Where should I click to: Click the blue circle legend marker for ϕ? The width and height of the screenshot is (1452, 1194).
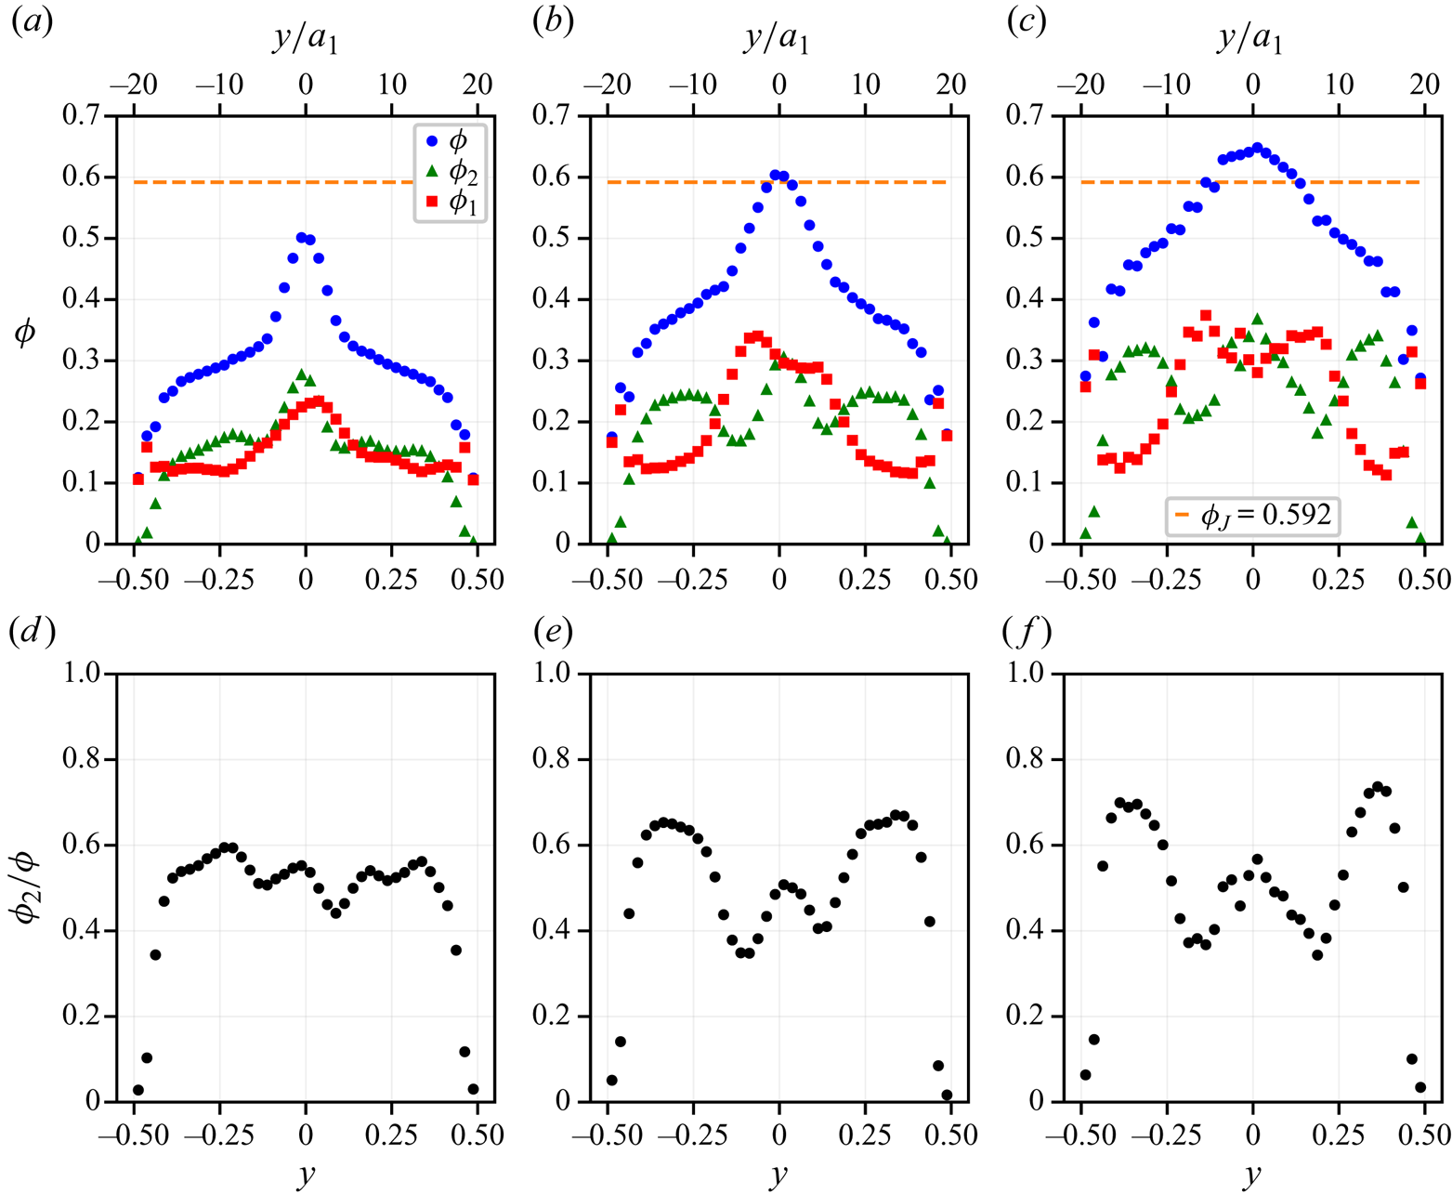pyautogui.click(x=431, y=142)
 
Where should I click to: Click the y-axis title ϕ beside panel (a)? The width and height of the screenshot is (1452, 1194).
pyautogui.click(x=26, y=332)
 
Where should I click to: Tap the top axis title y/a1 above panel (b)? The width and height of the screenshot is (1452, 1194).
pyautogui.click(x=777, y=40)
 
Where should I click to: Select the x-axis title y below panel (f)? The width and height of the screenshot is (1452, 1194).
pyautogui.click(x=1252, y=1174)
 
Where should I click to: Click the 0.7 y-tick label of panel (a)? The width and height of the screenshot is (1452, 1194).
pyautogui.click(x=82, y=116)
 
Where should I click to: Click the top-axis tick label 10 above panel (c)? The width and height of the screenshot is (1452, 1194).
pyautogui.click(x=1339, y=84)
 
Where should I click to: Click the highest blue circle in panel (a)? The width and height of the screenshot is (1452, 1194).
pyautogui.click(x=301, y=238)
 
